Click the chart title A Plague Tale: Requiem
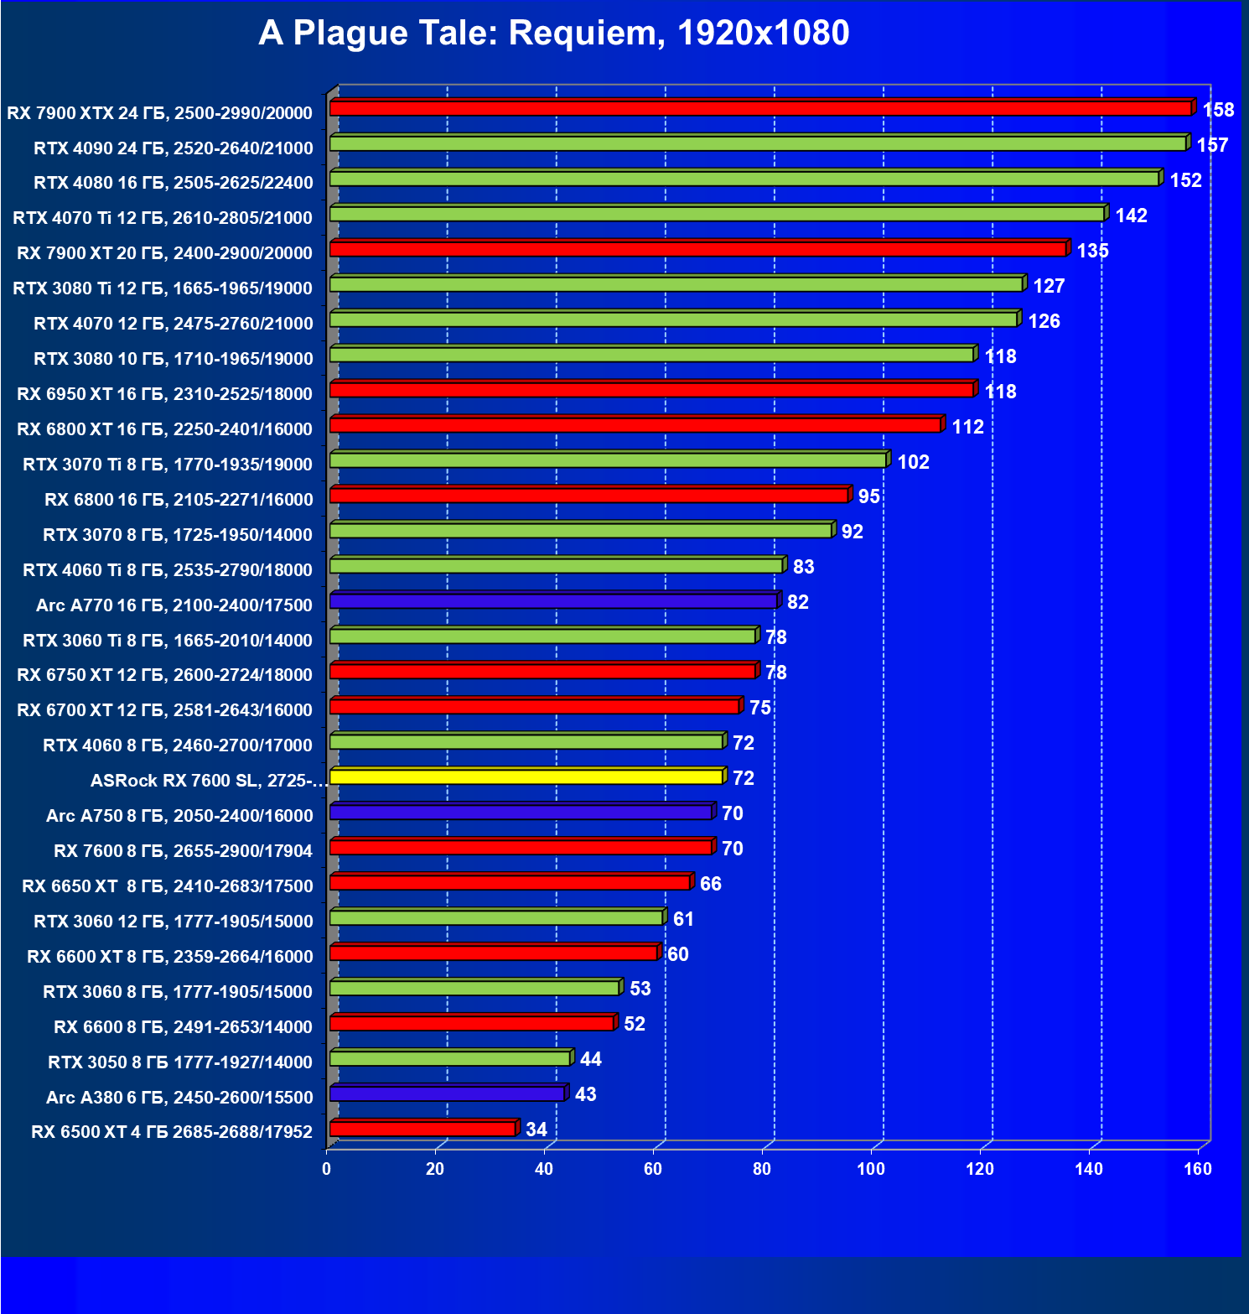point(553,34)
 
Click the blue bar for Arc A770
point(553,601)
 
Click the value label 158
point(1218,110)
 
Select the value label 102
point(913,462)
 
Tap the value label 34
point(536,1130)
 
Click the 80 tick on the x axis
point(762,1169)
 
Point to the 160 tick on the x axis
point(1198,1169)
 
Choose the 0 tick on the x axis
point(327,1169)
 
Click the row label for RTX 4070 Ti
point(163,218)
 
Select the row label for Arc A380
point(179,1098)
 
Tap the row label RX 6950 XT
point(164,394)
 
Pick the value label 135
point(1092,251)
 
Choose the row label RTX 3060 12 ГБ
point(173,922)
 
